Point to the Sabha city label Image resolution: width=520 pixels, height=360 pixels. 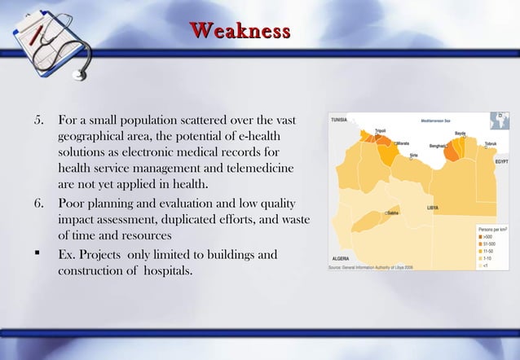(x=393, y=213)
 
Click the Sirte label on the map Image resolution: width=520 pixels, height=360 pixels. (x=414, y=153)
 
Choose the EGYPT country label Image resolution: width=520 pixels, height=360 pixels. (x=503, y=161)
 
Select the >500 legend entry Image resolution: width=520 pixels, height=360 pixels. (x=487, y=238)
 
